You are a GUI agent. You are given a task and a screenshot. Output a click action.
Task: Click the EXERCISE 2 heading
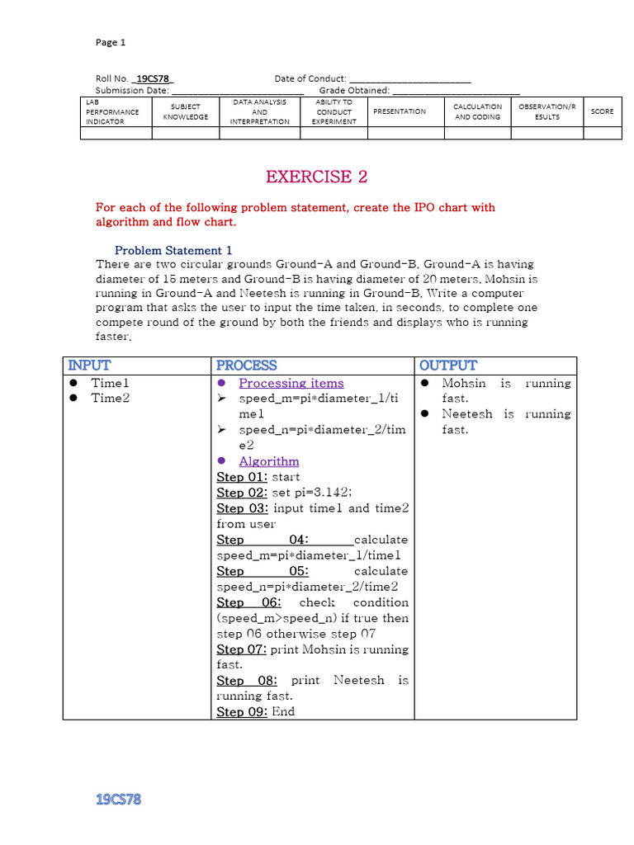click(316, 177)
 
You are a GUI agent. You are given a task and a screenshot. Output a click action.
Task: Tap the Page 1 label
click(111, 42)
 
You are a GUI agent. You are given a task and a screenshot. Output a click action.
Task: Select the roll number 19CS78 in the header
click(153, 79)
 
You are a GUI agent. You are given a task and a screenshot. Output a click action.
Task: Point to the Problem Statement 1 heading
click(173, 250)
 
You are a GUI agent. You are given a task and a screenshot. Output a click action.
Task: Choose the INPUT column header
click(89, 366)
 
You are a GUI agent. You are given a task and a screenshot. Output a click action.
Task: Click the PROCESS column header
click(246, 366)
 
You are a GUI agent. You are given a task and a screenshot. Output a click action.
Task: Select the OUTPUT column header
click(447, 366)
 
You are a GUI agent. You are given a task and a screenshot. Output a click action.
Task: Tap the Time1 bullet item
click(111, 383)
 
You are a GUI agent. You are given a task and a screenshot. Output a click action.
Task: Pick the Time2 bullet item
click(111, 399)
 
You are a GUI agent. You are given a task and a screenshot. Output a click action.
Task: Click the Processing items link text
click(291, 383)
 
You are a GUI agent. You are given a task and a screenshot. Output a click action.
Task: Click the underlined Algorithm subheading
click(268, 461)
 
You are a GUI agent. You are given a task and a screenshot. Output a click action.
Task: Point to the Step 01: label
click(242, 477)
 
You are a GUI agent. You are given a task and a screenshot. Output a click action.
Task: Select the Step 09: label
click(242, 711)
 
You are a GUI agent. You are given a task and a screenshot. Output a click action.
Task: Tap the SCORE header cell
click(602, 111)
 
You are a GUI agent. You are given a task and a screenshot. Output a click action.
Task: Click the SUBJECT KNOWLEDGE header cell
click(185, 111)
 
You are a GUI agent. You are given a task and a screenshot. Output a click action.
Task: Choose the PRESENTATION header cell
click(400, 111)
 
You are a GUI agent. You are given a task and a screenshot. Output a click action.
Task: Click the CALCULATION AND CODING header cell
click(477, 111)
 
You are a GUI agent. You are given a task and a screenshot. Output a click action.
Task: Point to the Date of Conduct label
click(310, 79)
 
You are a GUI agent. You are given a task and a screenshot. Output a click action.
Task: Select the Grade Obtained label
click(354, 91)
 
